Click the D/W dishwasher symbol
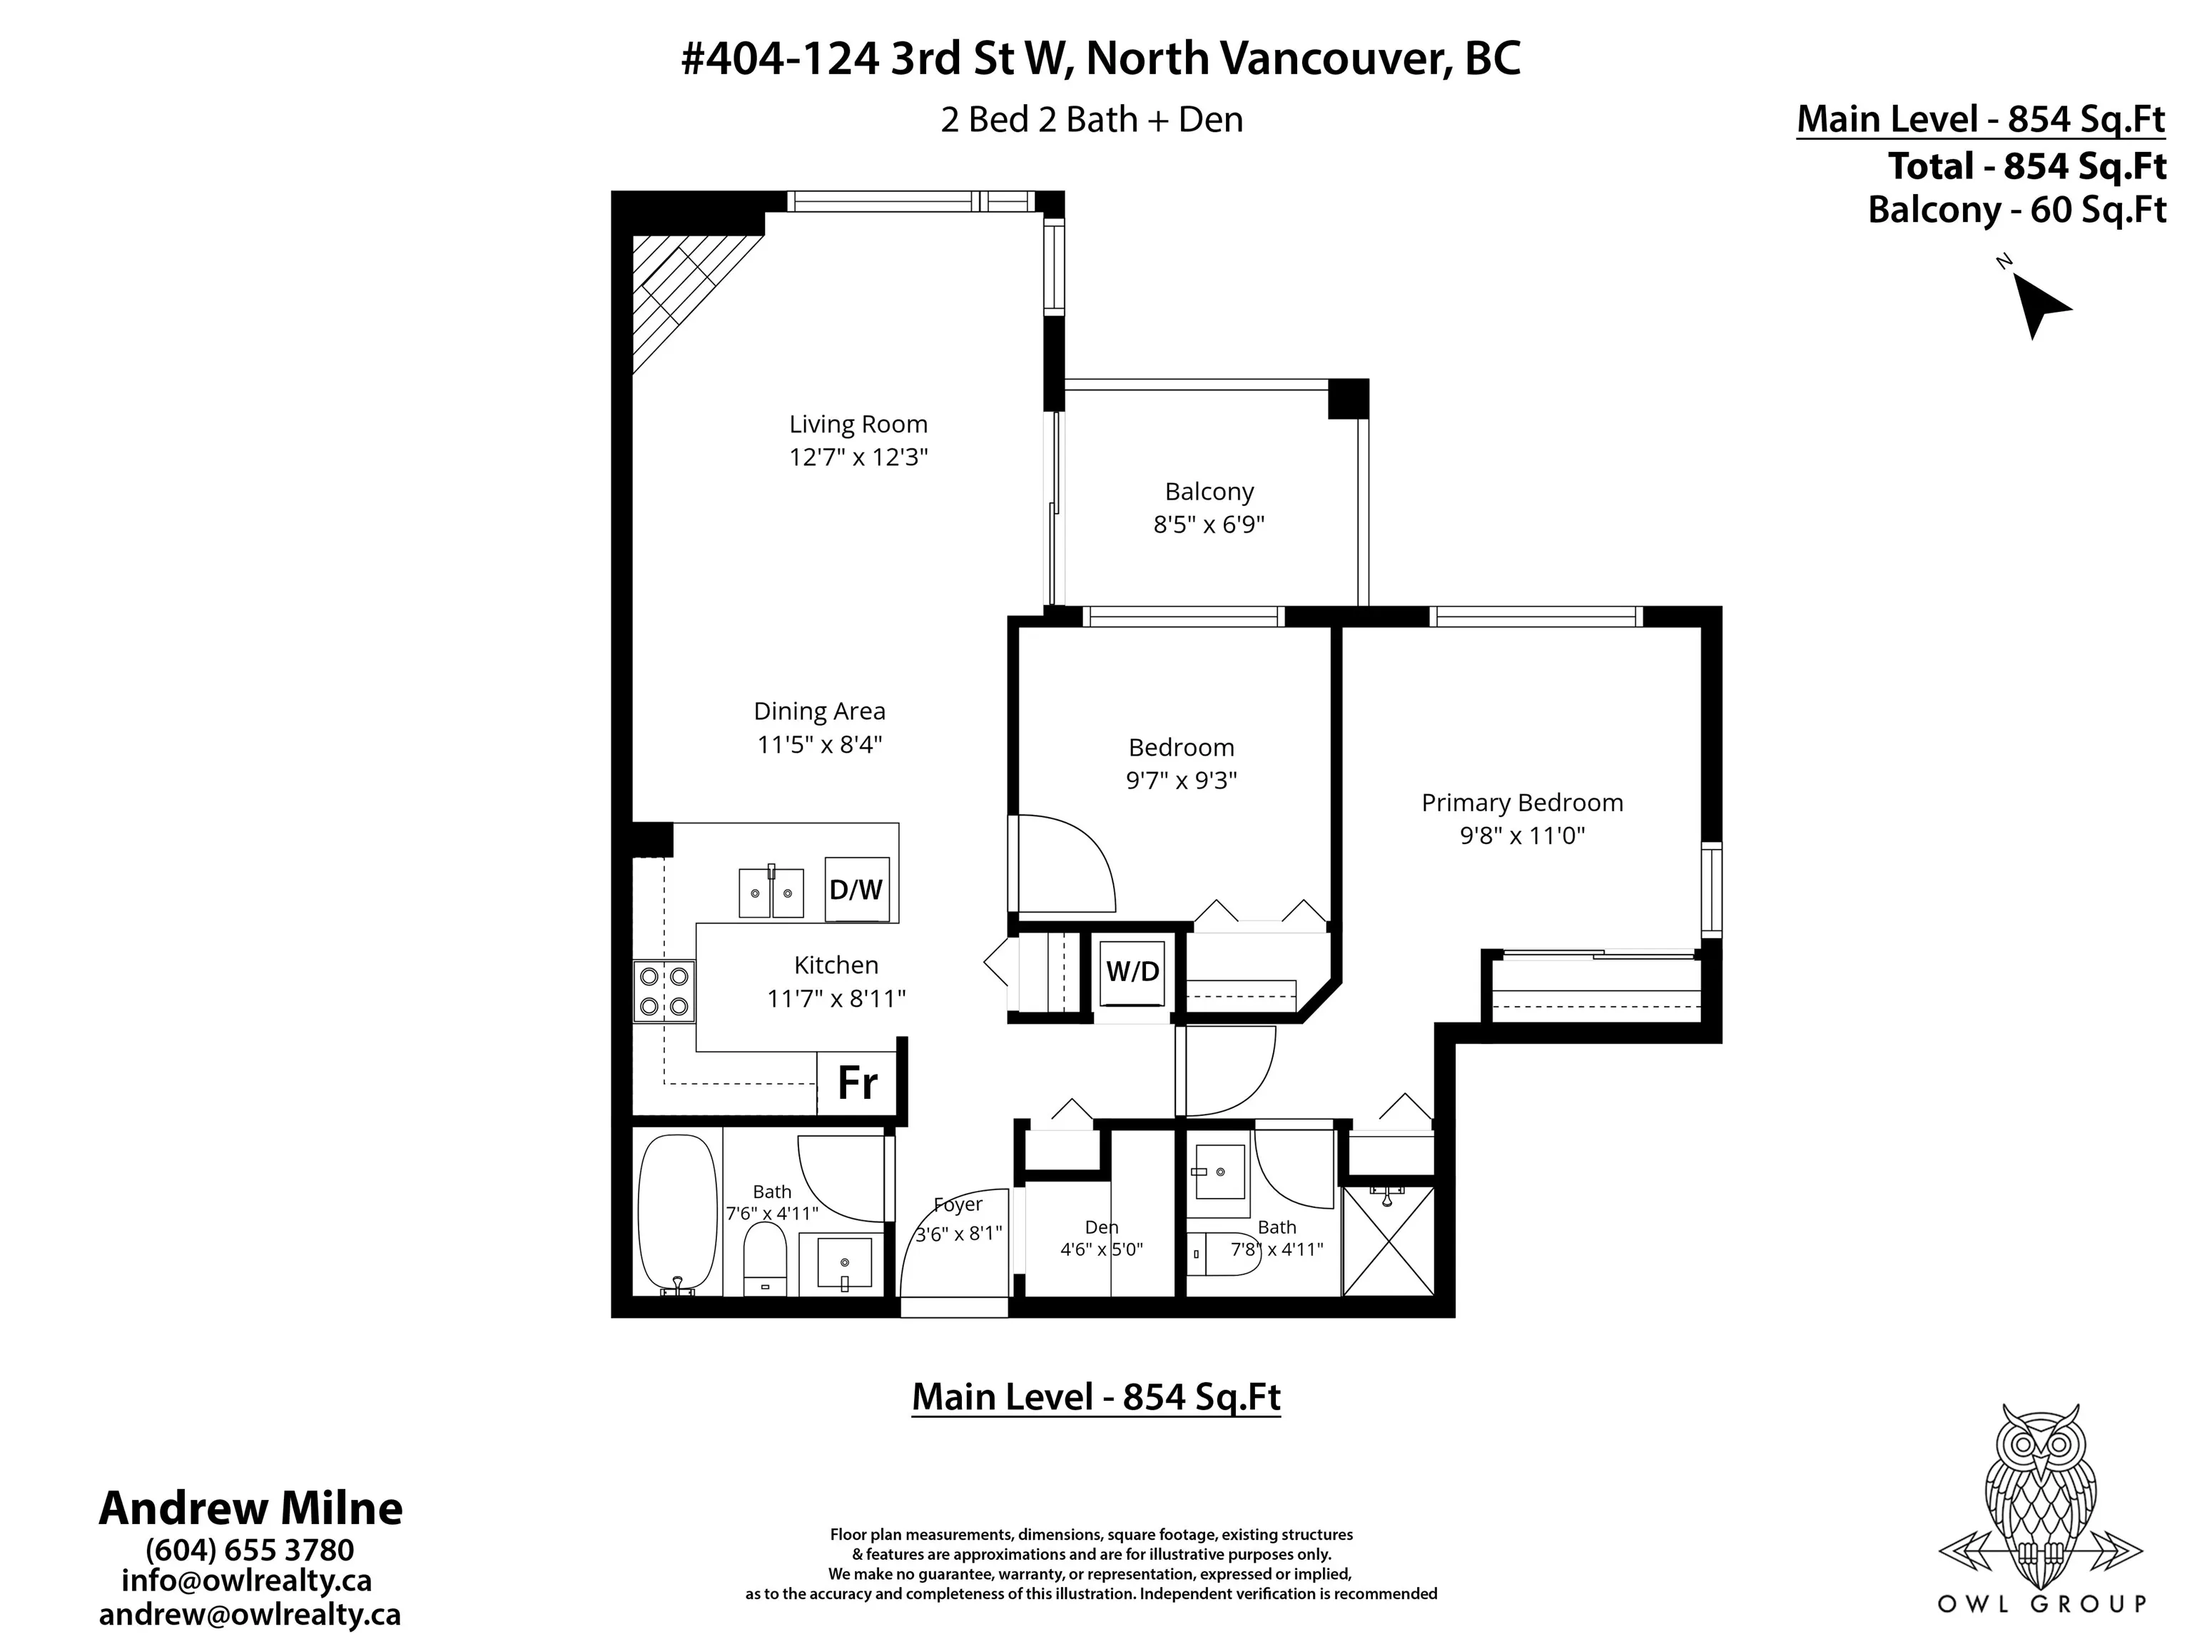point(856,889)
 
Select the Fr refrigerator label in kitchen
point(857,1082)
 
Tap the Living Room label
point(858,424)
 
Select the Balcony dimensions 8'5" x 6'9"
point(1209,524)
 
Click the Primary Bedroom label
point(1522,803)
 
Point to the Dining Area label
point(820,711)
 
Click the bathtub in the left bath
point(678,1214)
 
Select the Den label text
point(1101,1227)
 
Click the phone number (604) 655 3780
point(250,1549)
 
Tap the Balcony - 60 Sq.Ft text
point(2016,209)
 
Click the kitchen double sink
point(771,893)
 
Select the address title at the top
point(1100,59)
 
